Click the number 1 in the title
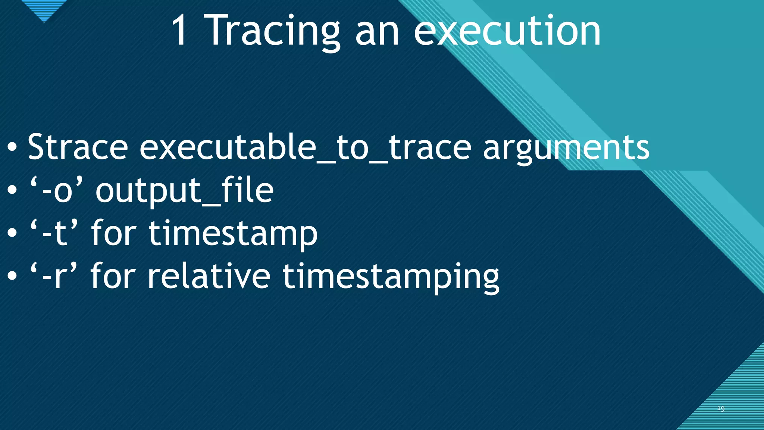pyautogui.click(x=179, y=31)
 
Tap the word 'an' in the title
pyautogui.click(x=377, y=34)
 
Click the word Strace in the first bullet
pyautogui.click(x=78, y=147)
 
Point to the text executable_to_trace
pyautogui.click(x=305, y=147)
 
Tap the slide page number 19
pyautogui.click(x=721, y=409)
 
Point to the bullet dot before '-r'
pyautogui.click(x=12, y=277)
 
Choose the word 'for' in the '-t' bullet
pyautogui.click(x=113, y=233)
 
